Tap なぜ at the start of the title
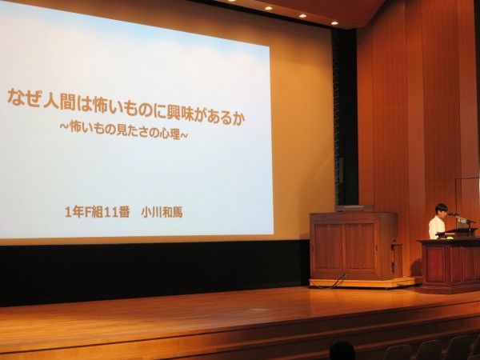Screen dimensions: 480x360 pos(24,98)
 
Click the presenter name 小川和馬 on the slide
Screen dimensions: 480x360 pos(162,212)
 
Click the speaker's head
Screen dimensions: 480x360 pos(441,210)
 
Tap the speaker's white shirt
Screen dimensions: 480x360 pos(437,227)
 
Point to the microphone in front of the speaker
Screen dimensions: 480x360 pos(454,214)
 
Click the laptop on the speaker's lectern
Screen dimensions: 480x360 pos(464,223)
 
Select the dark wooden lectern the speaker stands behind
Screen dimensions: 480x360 pos(450,265)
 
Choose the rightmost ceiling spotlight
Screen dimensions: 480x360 pos(334,23)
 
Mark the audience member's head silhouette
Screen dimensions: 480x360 pos(342,350)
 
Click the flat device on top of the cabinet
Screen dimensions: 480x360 pos(354,209)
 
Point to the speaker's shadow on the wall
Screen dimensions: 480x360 pos(417,267)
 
